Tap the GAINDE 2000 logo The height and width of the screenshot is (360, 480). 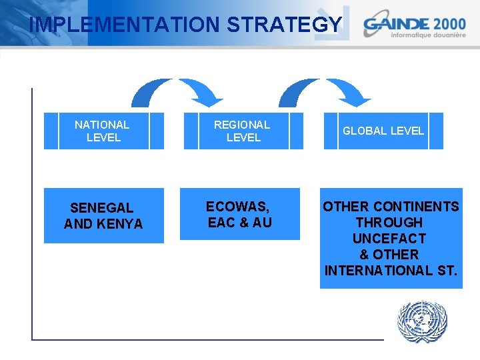pos(414,25)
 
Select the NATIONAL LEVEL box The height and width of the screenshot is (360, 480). pos(103,131)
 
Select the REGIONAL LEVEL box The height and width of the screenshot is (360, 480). pos(243,131)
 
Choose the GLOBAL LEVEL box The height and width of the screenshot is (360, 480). pos(383,131)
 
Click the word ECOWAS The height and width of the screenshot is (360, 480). pos(237,207)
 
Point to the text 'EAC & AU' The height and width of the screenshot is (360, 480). pos(240,223)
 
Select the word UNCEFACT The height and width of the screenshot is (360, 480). pos(389,239)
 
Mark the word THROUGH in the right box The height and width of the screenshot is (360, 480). pos(389,223)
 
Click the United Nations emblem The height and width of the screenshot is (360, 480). pos(421,323)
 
